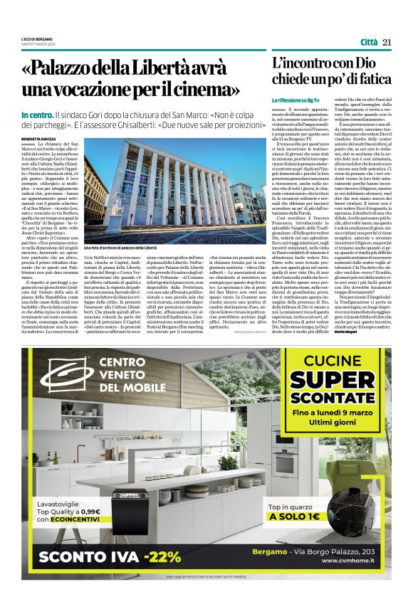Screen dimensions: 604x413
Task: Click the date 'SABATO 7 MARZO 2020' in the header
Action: click(37, 44)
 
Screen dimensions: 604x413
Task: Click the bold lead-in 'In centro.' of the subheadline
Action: click(36, 115)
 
